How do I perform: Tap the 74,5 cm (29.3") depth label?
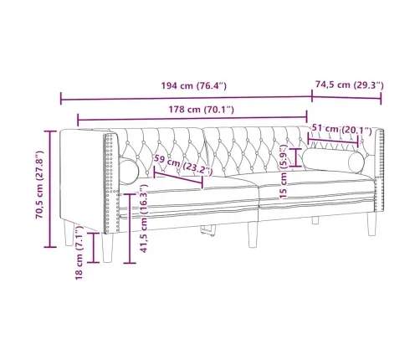(349, 85)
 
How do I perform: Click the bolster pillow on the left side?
(130, 171)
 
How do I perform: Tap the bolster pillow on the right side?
(334, 160)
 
